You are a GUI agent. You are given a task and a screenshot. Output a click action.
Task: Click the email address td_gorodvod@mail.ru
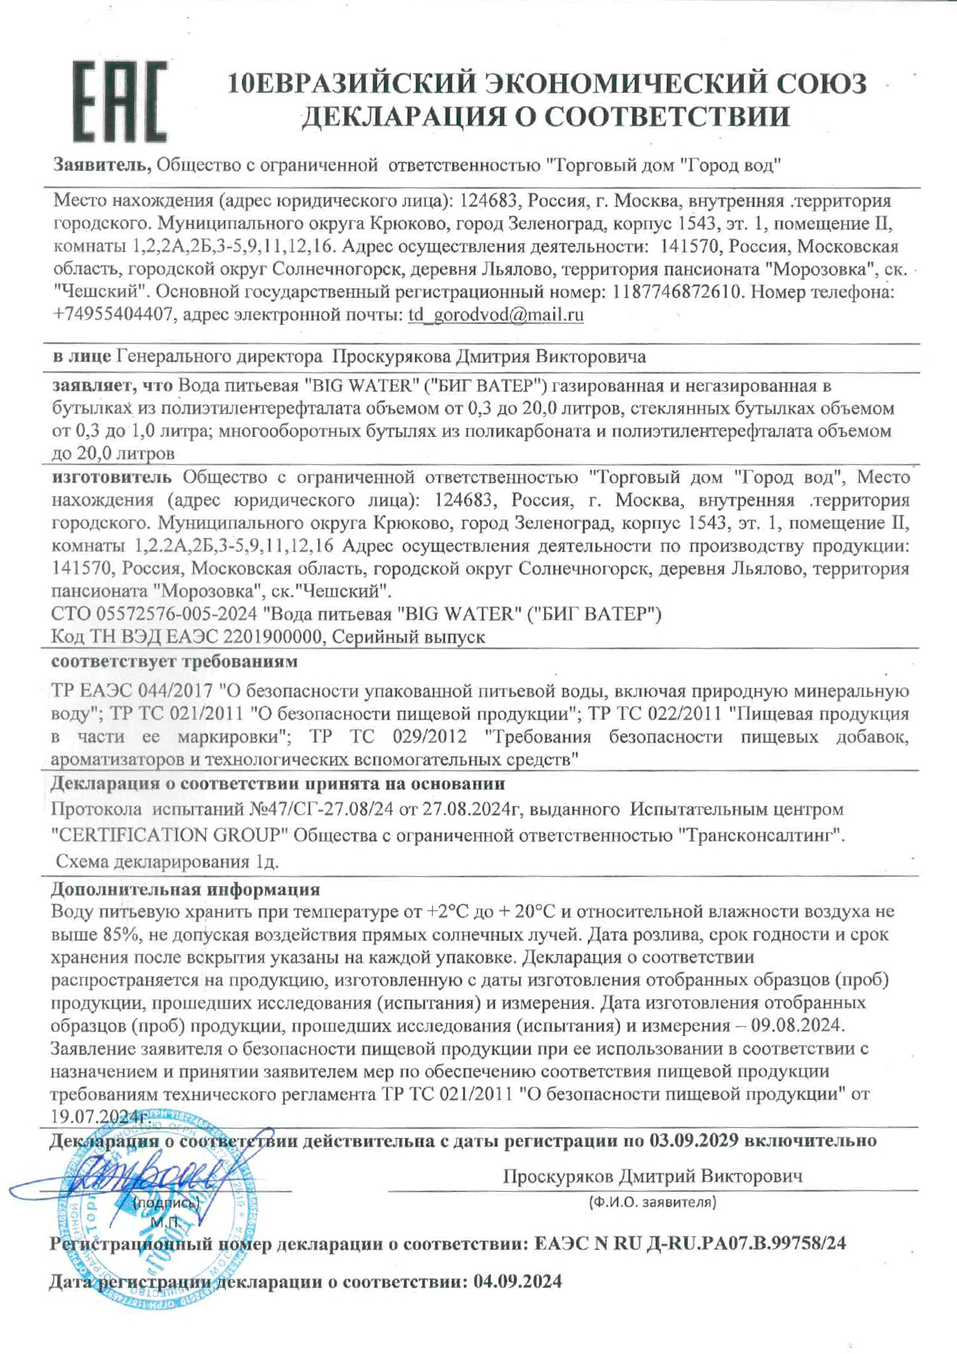(x=495, y=315)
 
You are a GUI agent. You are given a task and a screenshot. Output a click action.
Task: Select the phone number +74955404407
(x=112, y=315)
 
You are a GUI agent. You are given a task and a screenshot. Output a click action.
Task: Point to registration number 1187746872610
(x=677, y=292)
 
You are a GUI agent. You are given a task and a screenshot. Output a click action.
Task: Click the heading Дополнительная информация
(x=185, y=889)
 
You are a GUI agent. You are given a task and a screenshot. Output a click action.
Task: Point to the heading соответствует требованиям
(x=174, y=662)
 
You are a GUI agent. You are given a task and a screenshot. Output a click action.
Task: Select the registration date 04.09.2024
(x=518, y=1282)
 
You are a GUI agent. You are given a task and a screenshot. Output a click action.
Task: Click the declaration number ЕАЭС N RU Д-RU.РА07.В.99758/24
(x=690, y=1244)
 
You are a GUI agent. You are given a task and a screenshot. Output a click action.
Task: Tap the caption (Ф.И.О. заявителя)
(x=652, y=1202)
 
